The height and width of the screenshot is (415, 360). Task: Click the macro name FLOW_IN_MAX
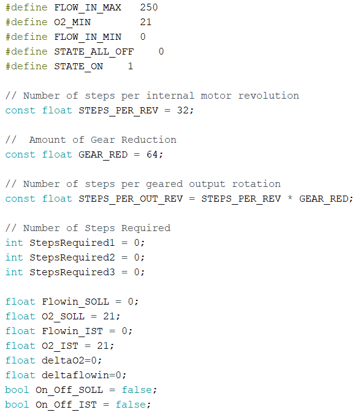point(88,7)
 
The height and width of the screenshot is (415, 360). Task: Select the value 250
point(149,7)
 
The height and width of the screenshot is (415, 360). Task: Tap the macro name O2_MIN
point(72,22)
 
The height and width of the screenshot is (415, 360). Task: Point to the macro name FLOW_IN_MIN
point(88,37)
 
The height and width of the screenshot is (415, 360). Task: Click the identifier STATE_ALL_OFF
point(94,51)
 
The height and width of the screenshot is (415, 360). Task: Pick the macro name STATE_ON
point(79,66)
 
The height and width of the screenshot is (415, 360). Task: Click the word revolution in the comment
point(269,96)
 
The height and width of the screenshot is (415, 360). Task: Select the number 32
point(183,110)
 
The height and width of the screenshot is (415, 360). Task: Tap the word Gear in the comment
point(103,140)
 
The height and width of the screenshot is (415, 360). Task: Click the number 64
point(153,154)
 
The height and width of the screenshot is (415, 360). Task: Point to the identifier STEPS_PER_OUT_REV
point(131,199)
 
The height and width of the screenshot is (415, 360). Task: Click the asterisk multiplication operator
point(290,198)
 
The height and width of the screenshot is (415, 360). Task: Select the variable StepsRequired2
point(72,257)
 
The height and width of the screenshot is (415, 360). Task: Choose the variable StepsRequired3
point(72,272)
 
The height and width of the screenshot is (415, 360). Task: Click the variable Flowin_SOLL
point(75,302)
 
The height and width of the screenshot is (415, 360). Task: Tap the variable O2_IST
point(60,346)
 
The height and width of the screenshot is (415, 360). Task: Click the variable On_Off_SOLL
point(69,390)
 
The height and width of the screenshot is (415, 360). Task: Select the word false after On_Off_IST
point(131,405)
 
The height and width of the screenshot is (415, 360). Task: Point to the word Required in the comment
point(146,228)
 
